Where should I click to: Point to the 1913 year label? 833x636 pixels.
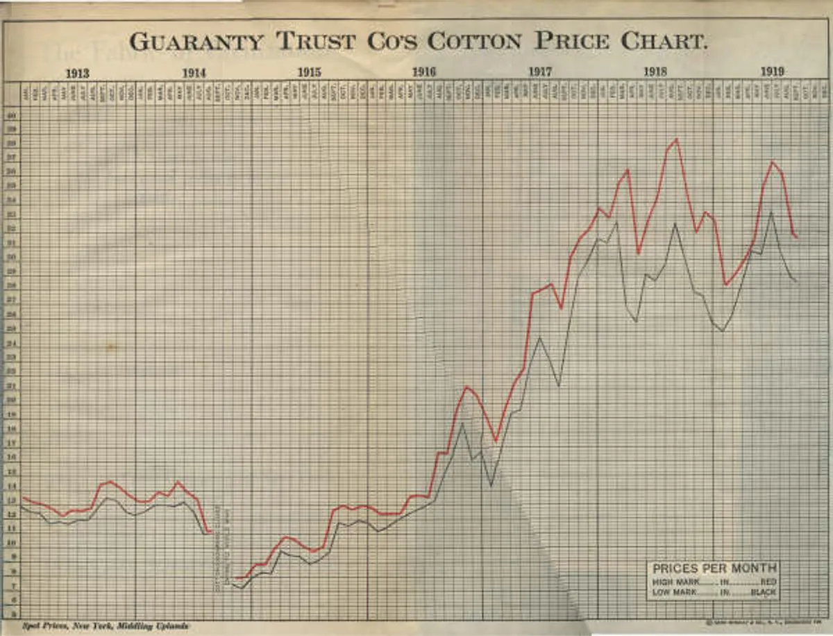78,72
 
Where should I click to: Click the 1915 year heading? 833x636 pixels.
310,72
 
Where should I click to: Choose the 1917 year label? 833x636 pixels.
540,72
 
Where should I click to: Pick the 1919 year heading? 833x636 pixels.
772,72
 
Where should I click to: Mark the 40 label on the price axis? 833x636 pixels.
11,115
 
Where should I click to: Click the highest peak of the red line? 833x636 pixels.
676,140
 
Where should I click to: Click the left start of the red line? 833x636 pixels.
23,497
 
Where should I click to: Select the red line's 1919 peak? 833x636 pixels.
772,162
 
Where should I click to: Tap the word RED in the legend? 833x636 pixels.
768,582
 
